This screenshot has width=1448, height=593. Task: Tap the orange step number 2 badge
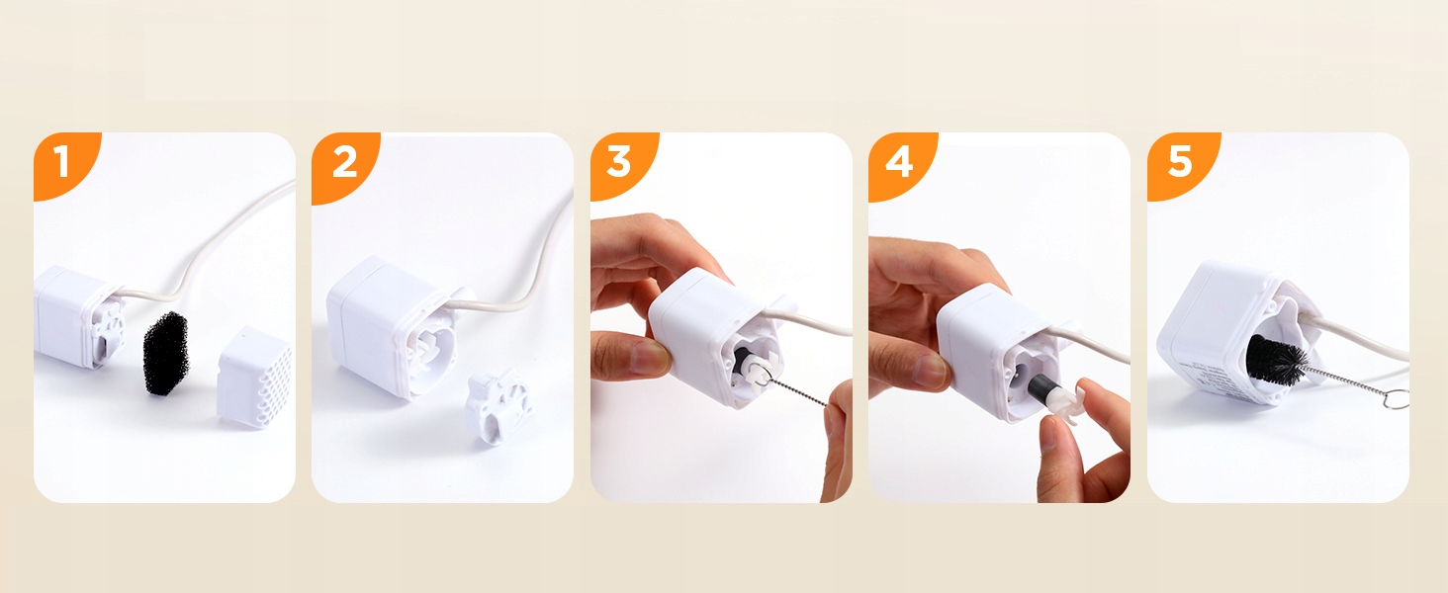coord(342,163)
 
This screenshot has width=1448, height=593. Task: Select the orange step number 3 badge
coord(619,161)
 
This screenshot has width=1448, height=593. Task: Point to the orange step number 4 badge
coord(898,161)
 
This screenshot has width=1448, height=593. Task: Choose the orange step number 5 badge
coord(1179,161)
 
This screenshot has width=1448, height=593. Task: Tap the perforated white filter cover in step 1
coord(254,378)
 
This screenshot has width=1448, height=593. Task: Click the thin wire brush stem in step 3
coord(796,390)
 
